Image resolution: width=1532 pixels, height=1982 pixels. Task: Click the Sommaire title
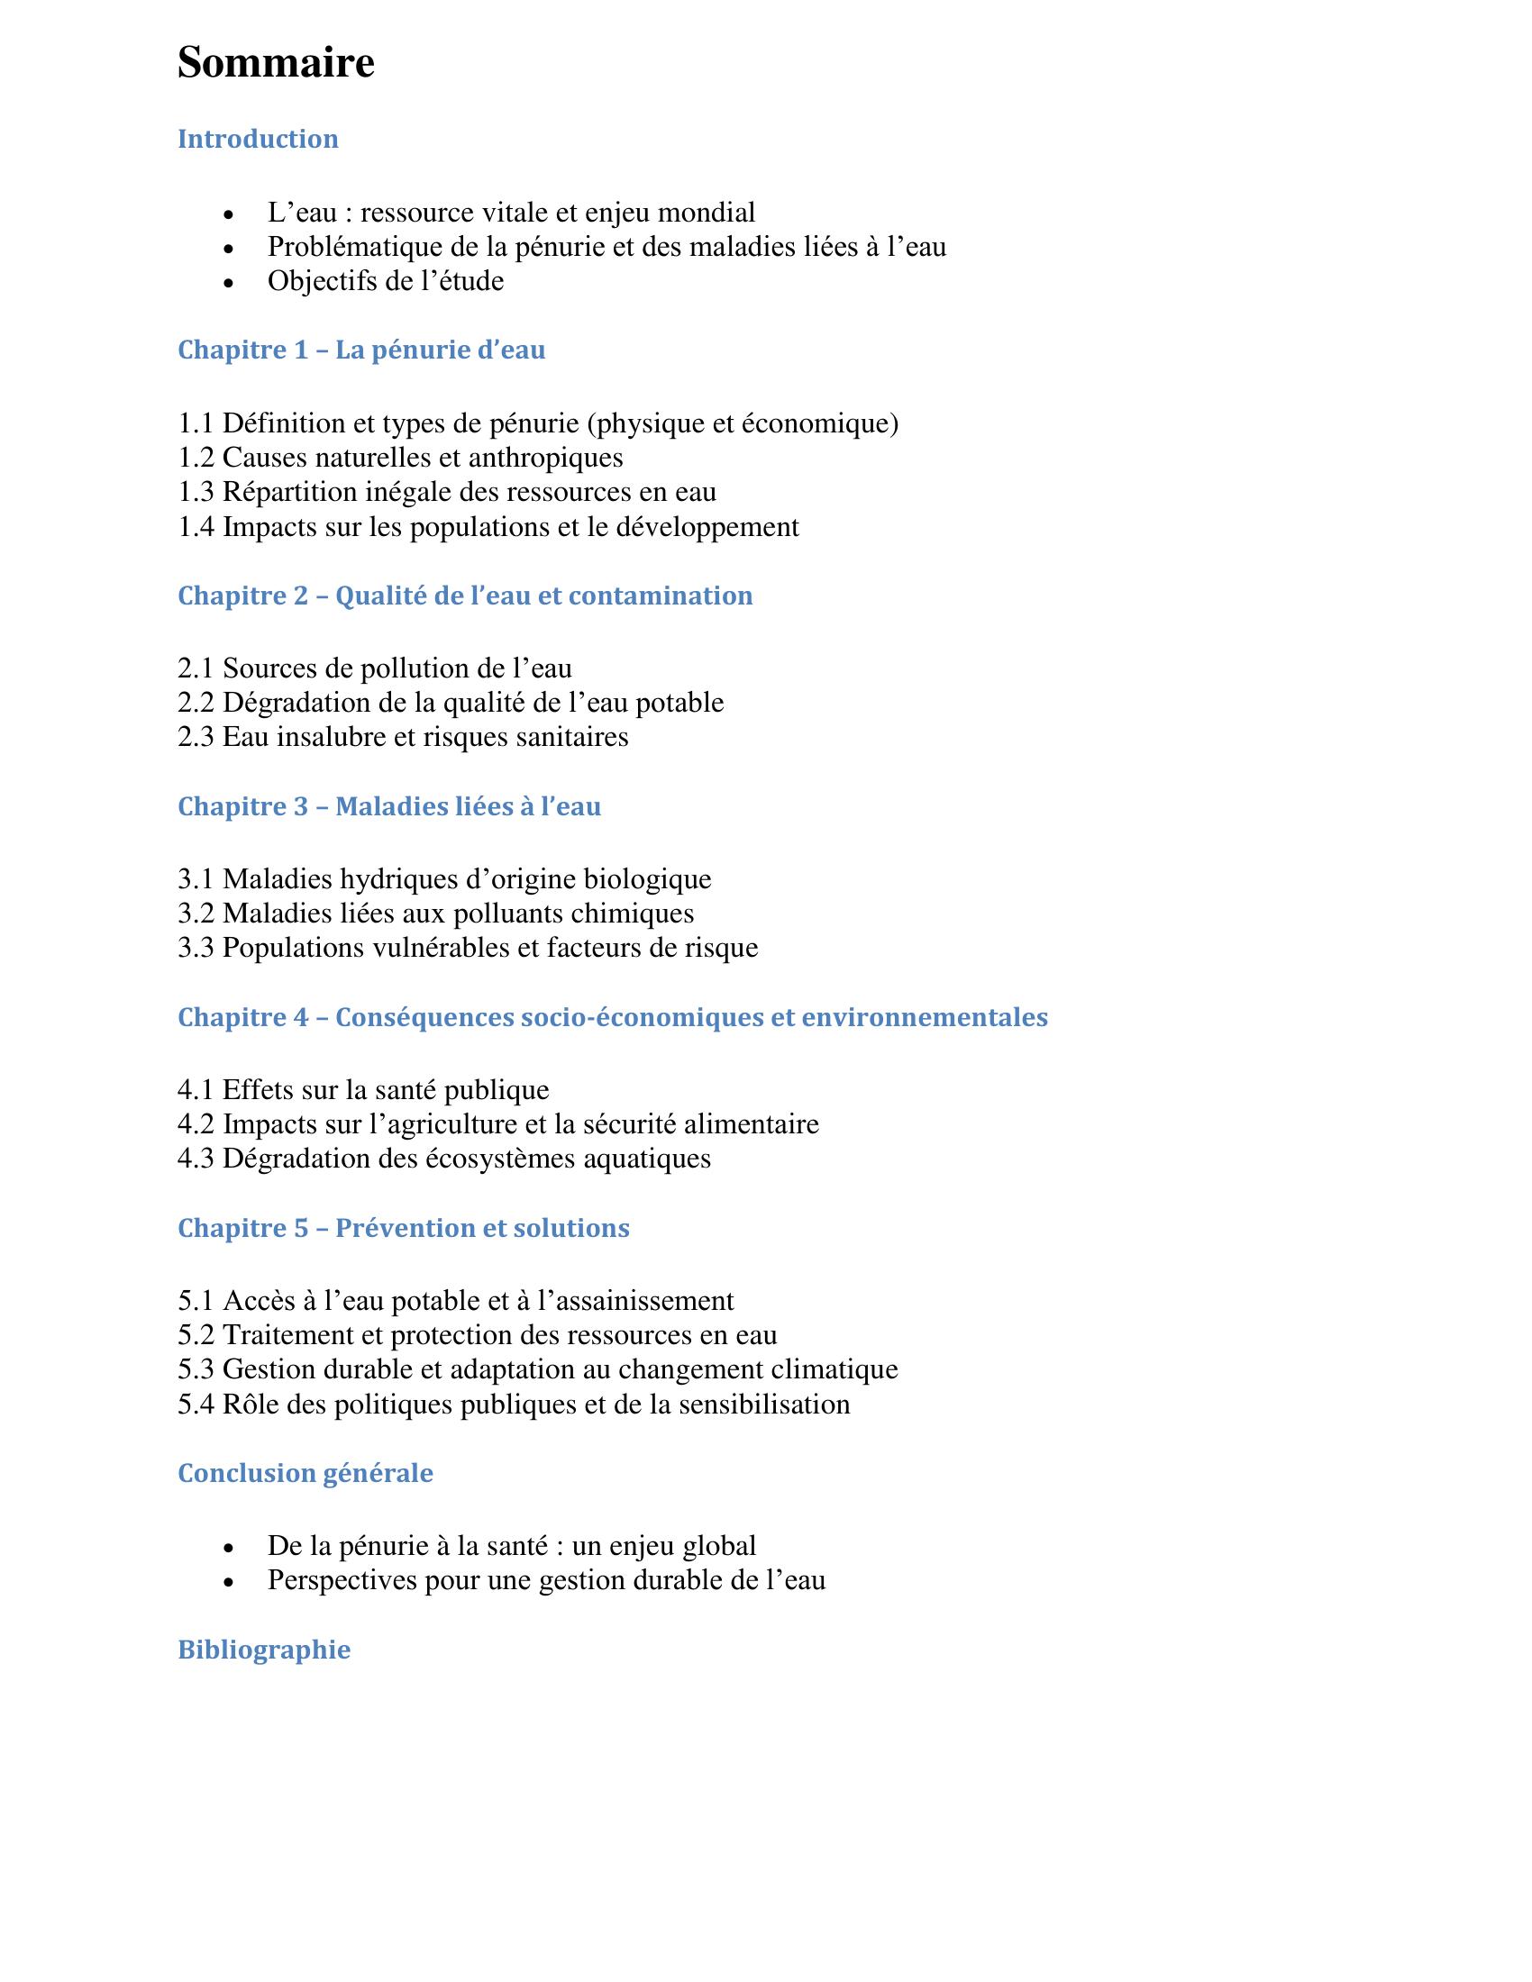coord(276,64)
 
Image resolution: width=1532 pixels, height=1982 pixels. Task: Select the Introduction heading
coord(258,139)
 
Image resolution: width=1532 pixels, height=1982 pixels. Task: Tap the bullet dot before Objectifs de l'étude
coord(229,283)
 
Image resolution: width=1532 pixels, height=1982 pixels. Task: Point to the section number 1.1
coord(196,423)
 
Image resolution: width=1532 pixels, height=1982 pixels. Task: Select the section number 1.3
coord(196,492)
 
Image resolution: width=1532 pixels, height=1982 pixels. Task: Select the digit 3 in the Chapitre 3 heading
coord(301,806)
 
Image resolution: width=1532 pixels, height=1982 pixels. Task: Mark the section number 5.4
coord(196,1405)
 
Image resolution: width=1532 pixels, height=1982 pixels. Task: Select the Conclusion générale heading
coord(305,1473)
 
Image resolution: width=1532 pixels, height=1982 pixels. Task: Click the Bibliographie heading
coord(264,1649)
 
